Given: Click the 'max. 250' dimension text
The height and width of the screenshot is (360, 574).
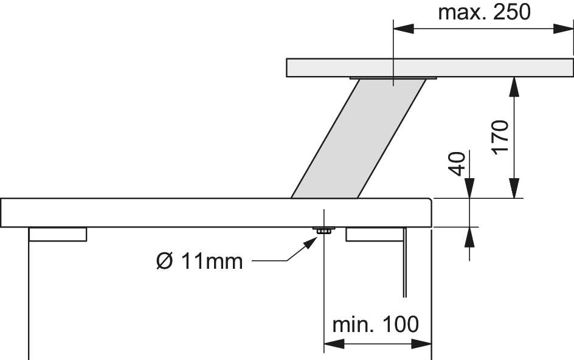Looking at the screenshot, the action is click(484, 12).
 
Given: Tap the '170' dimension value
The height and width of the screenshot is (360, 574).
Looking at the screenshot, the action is click(500, 137).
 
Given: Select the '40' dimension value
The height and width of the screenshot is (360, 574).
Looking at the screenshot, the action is click(457, 164).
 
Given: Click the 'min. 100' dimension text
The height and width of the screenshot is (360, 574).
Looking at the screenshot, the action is click(375, 324).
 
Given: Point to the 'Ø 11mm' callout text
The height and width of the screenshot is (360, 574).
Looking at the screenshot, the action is click(199, 261).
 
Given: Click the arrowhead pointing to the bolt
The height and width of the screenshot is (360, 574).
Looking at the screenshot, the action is click(311, 243).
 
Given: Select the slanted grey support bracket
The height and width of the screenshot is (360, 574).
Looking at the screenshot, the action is click(358, 139).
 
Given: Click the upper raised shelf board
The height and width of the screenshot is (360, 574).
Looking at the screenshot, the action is click(429, 67).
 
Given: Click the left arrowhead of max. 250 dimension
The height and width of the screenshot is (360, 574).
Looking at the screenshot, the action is click(403, 29).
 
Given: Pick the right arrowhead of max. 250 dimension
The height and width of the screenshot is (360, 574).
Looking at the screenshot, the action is click(563, 29).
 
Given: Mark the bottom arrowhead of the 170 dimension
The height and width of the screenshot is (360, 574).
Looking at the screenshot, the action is click(514, 189).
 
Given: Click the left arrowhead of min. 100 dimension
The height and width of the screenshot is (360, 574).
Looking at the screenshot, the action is click(334, 344).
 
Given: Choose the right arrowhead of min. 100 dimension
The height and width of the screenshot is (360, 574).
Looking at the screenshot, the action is click(422, 344).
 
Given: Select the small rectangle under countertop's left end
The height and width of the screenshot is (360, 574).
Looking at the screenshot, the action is click(58, 234).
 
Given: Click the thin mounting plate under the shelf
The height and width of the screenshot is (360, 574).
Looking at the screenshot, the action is click(393, 78).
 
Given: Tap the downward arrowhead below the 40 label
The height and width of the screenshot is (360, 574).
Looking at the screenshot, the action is click(469, 189).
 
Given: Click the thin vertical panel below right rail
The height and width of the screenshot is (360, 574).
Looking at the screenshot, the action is click(404, 262).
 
